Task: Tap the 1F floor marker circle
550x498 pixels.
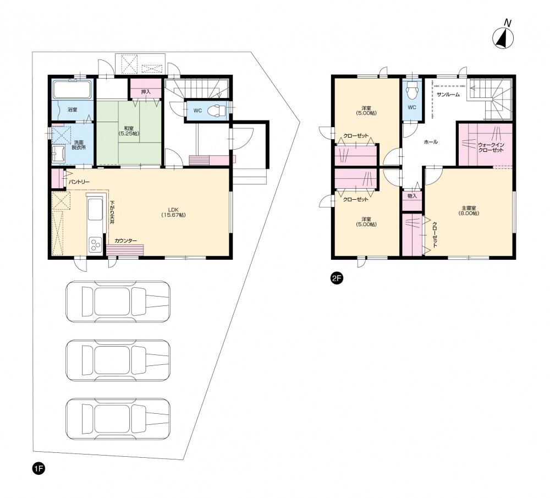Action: pos(38,468)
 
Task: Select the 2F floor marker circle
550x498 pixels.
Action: pos(337,278)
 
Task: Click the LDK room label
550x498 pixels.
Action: pos(173,212)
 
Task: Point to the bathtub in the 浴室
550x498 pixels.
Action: pos(72,90)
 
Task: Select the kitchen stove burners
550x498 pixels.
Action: pos(95,245)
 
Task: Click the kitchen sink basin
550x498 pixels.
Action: pos(95,209)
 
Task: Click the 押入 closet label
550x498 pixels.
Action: pos(146,92)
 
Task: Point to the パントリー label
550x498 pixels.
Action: pos(79,182)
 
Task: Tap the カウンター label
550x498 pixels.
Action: pos(125,241)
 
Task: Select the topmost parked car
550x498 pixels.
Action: pos(118,302)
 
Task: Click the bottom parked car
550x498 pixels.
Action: pos(118,419)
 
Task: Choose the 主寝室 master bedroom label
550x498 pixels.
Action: pos(469,210)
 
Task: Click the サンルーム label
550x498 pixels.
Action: pos(448,95)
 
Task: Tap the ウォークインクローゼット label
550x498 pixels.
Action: pos(491,147)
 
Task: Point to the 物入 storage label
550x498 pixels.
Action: pos(412,196)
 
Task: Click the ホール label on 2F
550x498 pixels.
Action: pos(431,142)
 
